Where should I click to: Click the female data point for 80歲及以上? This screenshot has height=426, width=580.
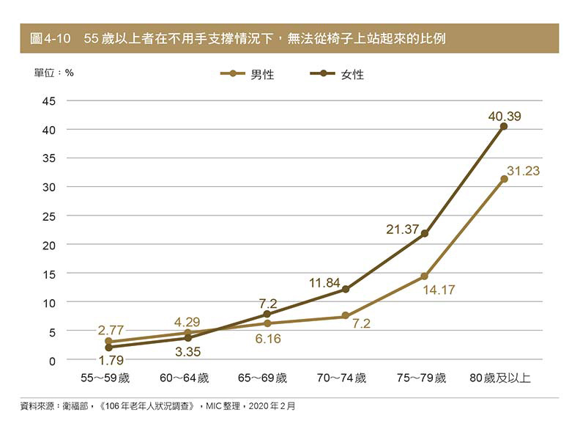504,126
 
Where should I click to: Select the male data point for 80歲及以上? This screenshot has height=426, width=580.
504,179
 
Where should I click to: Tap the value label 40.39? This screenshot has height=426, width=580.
505,116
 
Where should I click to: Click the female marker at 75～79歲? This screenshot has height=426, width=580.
425,233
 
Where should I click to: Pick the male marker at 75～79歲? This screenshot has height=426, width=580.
425,276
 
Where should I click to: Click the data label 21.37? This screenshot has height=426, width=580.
402,229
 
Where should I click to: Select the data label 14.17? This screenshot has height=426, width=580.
439,290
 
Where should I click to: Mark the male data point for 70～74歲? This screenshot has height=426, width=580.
346,316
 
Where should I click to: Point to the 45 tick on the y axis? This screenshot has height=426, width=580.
48,100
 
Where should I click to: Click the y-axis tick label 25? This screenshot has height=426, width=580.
48,216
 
